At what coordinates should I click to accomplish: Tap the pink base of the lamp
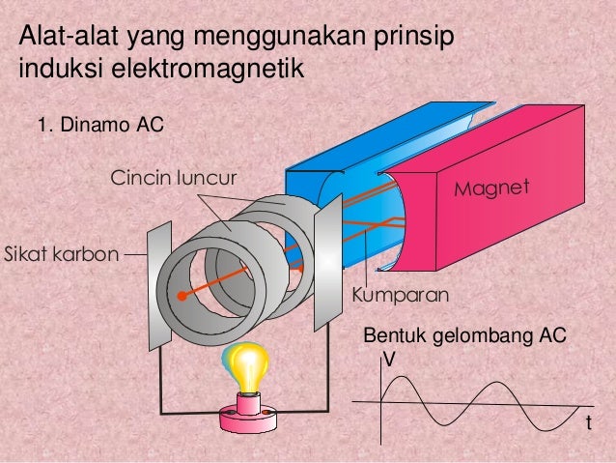[x=249, y=417]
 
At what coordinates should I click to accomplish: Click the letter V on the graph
[x=389, y=359]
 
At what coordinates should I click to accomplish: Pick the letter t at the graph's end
[x=589, y=424]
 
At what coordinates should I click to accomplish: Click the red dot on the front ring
[x=181, y=295]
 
